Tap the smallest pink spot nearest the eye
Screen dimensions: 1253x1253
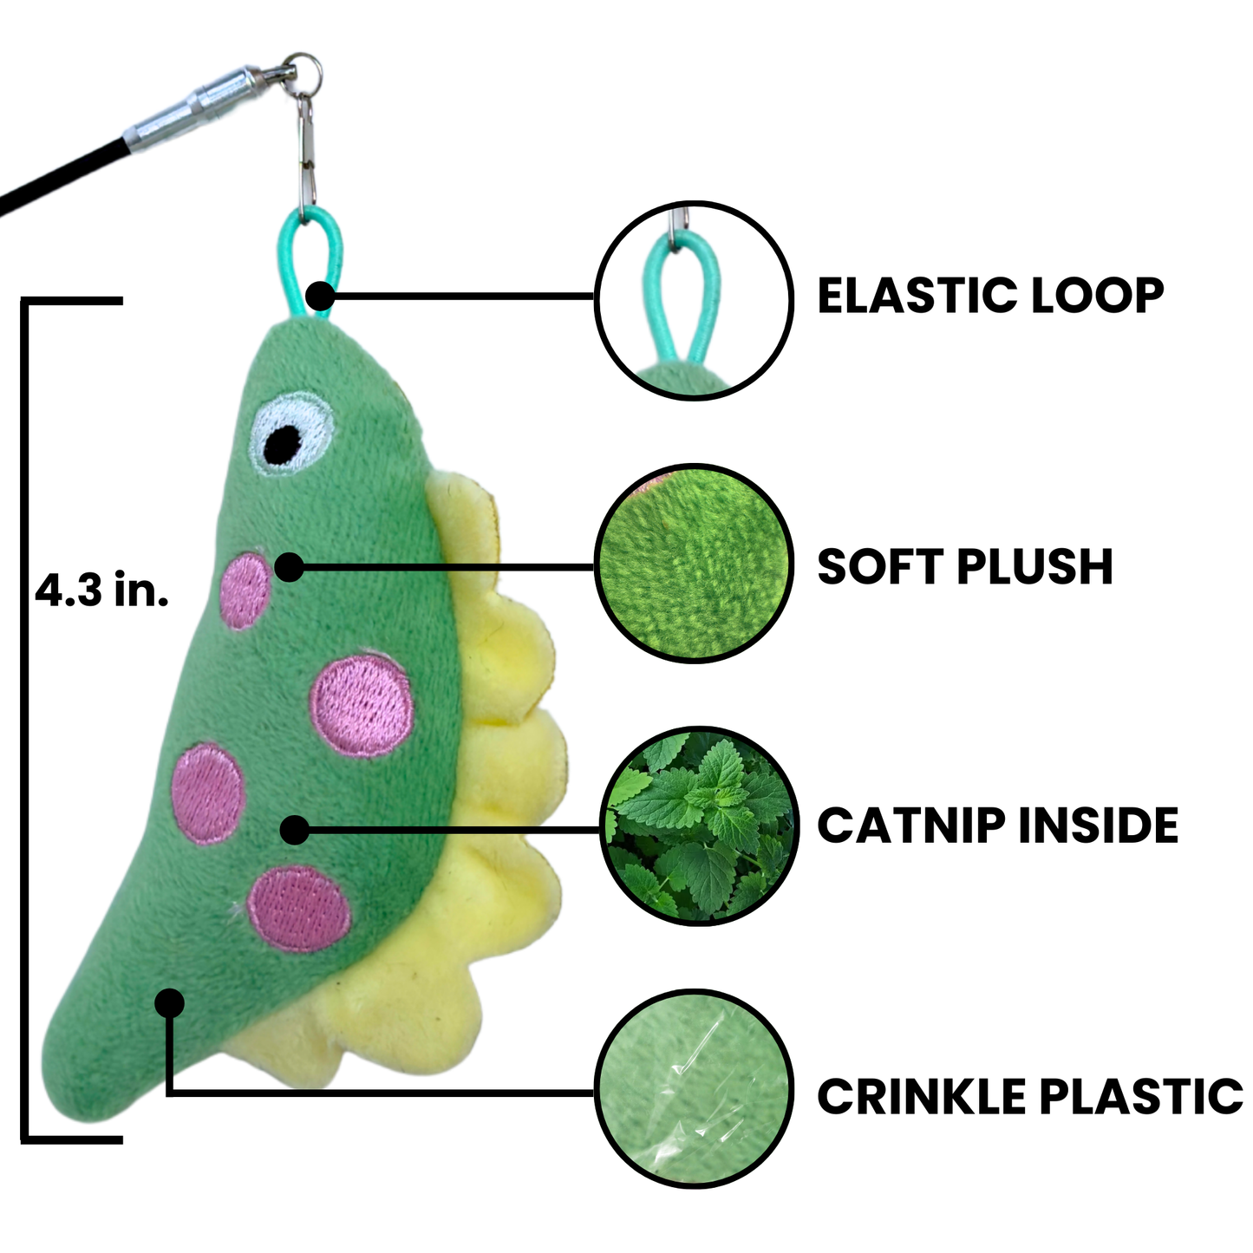[245, 591]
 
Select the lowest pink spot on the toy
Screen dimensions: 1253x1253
[299, 908]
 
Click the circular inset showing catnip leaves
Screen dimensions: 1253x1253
[698, 826]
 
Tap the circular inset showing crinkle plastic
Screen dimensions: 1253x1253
[695, 1090]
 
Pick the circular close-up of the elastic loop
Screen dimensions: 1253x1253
[695, 299]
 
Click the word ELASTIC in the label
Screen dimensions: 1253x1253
[905, 296]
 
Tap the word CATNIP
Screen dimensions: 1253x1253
[911, 826]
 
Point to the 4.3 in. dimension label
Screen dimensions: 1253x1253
[101, 592]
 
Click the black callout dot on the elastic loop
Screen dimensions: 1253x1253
[320, 296]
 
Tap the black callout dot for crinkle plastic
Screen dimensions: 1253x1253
[170, 1003]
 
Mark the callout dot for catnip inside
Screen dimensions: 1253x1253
[295, 830]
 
